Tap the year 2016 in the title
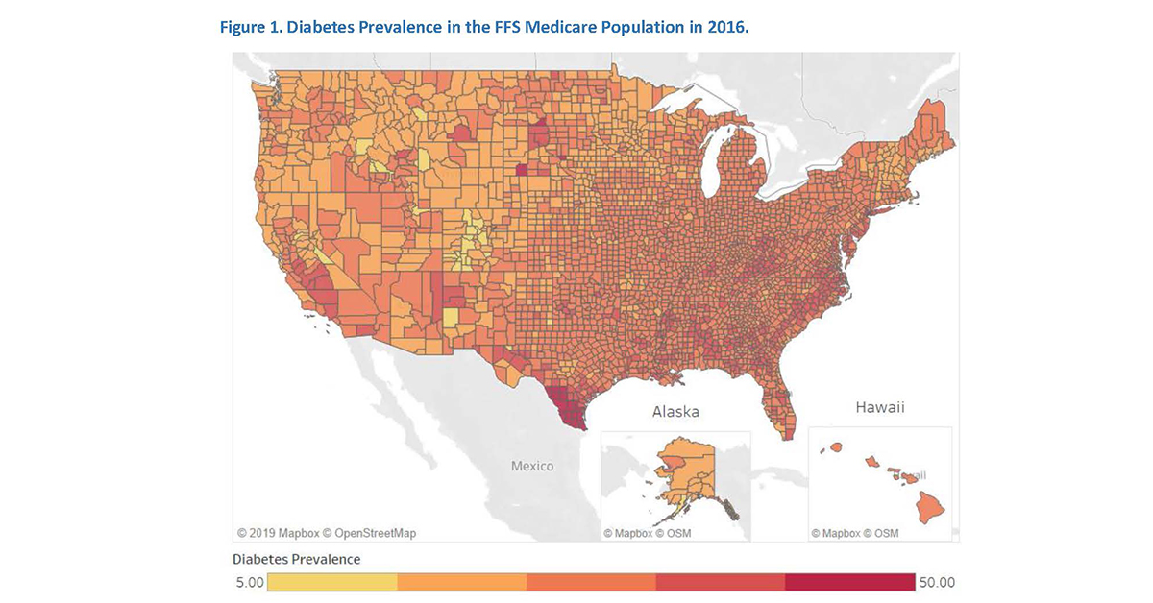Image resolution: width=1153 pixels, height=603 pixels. pos(726,28)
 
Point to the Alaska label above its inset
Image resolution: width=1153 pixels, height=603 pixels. pos(675,412)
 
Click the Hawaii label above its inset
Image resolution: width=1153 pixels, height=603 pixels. pos(879,408)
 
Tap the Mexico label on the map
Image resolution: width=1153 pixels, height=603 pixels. pos(531,467)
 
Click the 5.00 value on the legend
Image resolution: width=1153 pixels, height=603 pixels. pos(249,582)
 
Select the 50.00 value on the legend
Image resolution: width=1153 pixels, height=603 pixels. pos(937,582)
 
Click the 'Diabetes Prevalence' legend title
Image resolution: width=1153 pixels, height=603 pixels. pos(297,559)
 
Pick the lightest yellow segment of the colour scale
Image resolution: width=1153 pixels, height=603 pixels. pos(332,582)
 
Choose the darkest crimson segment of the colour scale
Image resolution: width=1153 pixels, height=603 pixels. pos(849,582)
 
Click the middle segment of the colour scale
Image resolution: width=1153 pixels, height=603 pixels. pos(591,582)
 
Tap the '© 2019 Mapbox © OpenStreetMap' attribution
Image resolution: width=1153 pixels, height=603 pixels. pos(327,532)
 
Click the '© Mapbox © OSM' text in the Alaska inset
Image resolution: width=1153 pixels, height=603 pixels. pos(647,533)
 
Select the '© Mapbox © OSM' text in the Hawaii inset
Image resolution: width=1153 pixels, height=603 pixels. pos(854,533)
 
